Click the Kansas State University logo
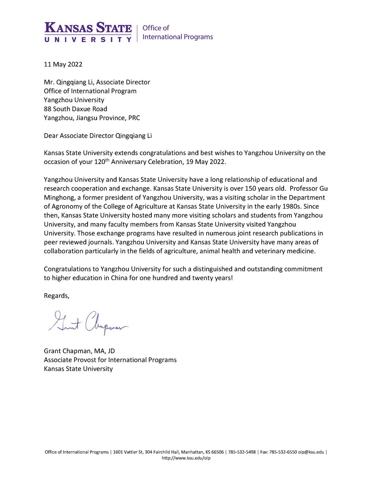[88, 32]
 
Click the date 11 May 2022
[63, 64]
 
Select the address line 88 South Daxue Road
[76, 109]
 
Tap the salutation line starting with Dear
[95, 136]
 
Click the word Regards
[57, 296]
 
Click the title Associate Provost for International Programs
[110, 360]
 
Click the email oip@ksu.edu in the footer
[311, 452]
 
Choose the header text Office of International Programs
[177, 32]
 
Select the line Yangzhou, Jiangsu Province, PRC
[92, 118]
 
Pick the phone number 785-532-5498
[242, 452]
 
